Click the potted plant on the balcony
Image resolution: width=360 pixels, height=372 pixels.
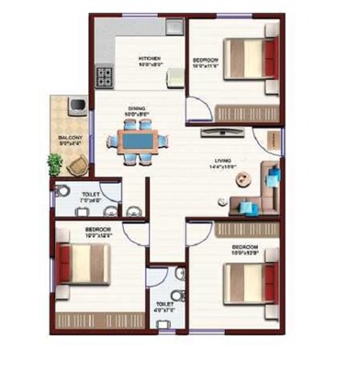pos(55,165)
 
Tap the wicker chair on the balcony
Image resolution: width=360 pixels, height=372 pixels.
pos(80,163)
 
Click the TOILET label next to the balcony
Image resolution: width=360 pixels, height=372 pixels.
pos(91,195)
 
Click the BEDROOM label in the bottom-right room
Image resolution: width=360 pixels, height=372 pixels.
pos(243,247)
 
